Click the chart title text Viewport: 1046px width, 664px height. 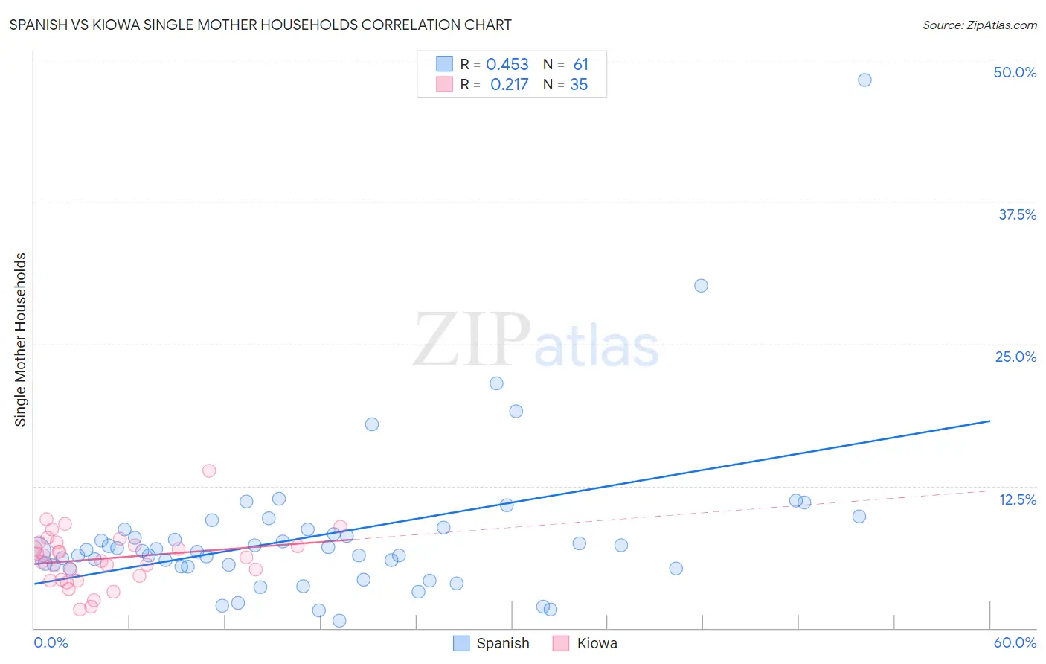260,25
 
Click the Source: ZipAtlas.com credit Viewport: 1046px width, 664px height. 979,25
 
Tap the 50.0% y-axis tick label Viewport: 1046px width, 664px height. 1014,72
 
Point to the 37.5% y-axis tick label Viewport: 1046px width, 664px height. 1017,214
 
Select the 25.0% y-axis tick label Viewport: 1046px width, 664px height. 1015,357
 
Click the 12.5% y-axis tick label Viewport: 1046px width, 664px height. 1017,499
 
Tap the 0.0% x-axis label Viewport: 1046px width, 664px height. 51,642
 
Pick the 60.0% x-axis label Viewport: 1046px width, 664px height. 1014,642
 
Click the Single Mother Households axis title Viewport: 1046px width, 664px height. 21,339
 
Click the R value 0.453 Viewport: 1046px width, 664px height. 507,65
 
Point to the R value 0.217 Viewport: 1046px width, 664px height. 509,85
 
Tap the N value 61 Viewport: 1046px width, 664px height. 580,65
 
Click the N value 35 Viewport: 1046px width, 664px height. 579,85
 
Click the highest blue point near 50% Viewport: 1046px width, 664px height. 864,80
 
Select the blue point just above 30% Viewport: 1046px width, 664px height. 701,286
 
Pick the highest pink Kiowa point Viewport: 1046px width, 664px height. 209,470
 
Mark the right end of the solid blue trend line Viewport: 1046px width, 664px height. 989,421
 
